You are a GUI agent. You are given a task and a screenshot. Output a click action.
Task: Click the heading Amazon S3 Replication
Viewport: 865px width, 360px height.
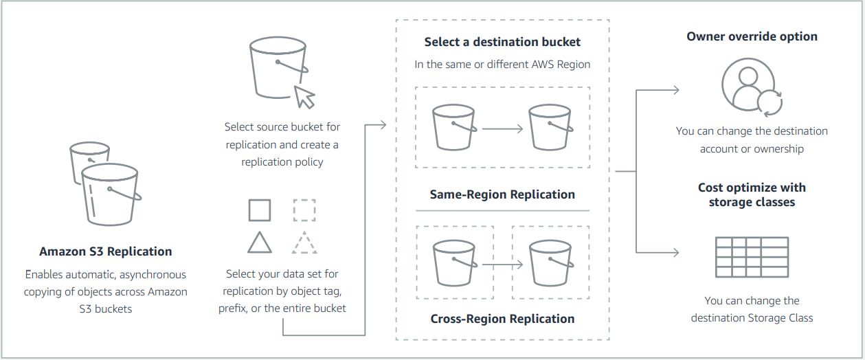pos(105,251)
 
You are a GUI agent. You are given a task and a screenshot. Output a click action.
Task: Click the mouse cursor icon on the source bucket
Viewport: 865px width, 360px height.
pos(304,97)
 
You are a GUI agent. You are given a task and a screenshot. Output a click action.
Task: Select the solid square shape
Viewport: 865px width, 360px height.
pos(260,210)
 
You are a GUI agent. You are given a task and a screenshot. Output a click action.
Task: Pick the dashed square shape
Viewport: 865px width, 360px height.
pos(304,210)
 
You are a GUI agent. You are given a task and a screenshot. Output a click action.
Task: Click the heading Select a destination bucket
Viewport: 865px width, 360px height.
pos(502,42)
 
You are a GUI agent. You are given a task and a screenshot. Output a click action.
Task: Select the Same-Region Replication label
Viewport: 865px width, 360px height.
pos(502,194)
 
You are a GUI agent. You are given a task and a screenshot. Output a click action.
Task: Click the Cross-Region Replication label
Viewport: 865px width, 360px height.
pos(502,319)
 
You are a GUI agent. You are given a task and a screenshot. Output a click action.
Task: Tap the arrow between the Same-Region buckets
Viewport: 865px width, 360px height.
pos(502,128)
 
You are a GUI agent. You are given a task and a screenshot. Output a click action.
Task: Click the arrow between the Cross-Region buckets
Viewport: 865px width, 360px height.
pos(502,265)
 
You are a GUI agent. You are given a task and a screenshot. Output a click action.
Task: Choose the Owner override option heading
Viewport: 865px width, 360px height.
pos(752,36)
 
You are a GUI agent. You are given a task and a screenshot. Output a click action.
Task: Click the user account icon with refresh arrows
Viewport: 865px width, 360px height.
pos(752,88)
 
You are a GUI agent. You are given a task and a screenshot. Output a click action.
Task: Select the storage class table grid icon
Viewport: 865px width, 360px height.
pos(752,257)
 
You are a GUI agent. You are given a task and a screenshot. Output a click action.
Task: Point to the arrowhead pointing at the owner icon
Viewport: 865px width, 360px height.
pos(676,90)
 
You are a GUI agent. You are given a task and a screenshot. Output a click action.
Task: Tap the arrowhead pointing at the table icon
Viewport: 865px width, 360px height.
pos(676,253)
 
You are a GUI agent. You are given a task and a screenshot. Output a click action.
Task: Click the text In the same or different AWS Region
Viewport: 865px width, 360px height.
pos(502,64)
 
